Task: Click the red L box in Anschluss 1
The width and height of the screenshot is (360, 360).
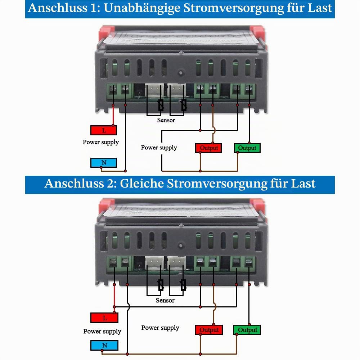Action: click(104, 130)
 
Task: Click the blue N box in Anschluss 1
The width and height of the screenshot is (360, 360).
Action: click(104, 163)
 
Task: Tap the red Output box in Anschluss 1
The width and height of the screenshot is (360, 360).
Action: click(208, 148)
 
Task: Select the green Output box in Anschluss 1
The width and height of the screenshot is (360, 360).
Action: click(247, 148)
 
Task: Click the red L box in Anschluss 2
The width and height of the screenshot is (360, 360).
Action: click(104, 318)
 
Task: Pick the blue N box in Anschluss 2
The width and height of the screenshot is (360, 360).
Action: click(104, 345)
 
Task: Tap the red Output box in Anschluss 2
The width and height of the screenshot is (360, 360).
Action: click(209, 330)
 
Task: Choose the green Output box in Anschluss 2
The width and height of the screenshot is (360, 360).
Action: click(247, 330)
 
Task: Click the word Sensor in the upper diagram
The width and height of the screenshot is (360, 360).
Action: click(166, 120)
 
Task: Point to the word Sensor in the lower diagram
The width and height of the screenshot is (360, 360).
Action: click(165, 300)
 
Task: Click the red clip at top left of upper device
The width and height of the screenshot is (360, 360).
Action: click(107, 32)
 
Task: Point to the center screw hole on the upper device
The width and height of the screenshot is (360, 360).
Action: click(181, 73)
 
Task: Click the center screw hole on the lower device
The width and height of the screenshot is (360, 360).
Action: click(181, 246)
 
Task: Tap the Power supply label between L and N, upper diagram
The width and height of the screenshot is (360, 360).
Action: click(101, 142)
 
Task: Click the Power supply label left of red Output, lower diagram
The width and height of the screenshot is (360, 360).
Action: click(160, 328)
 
